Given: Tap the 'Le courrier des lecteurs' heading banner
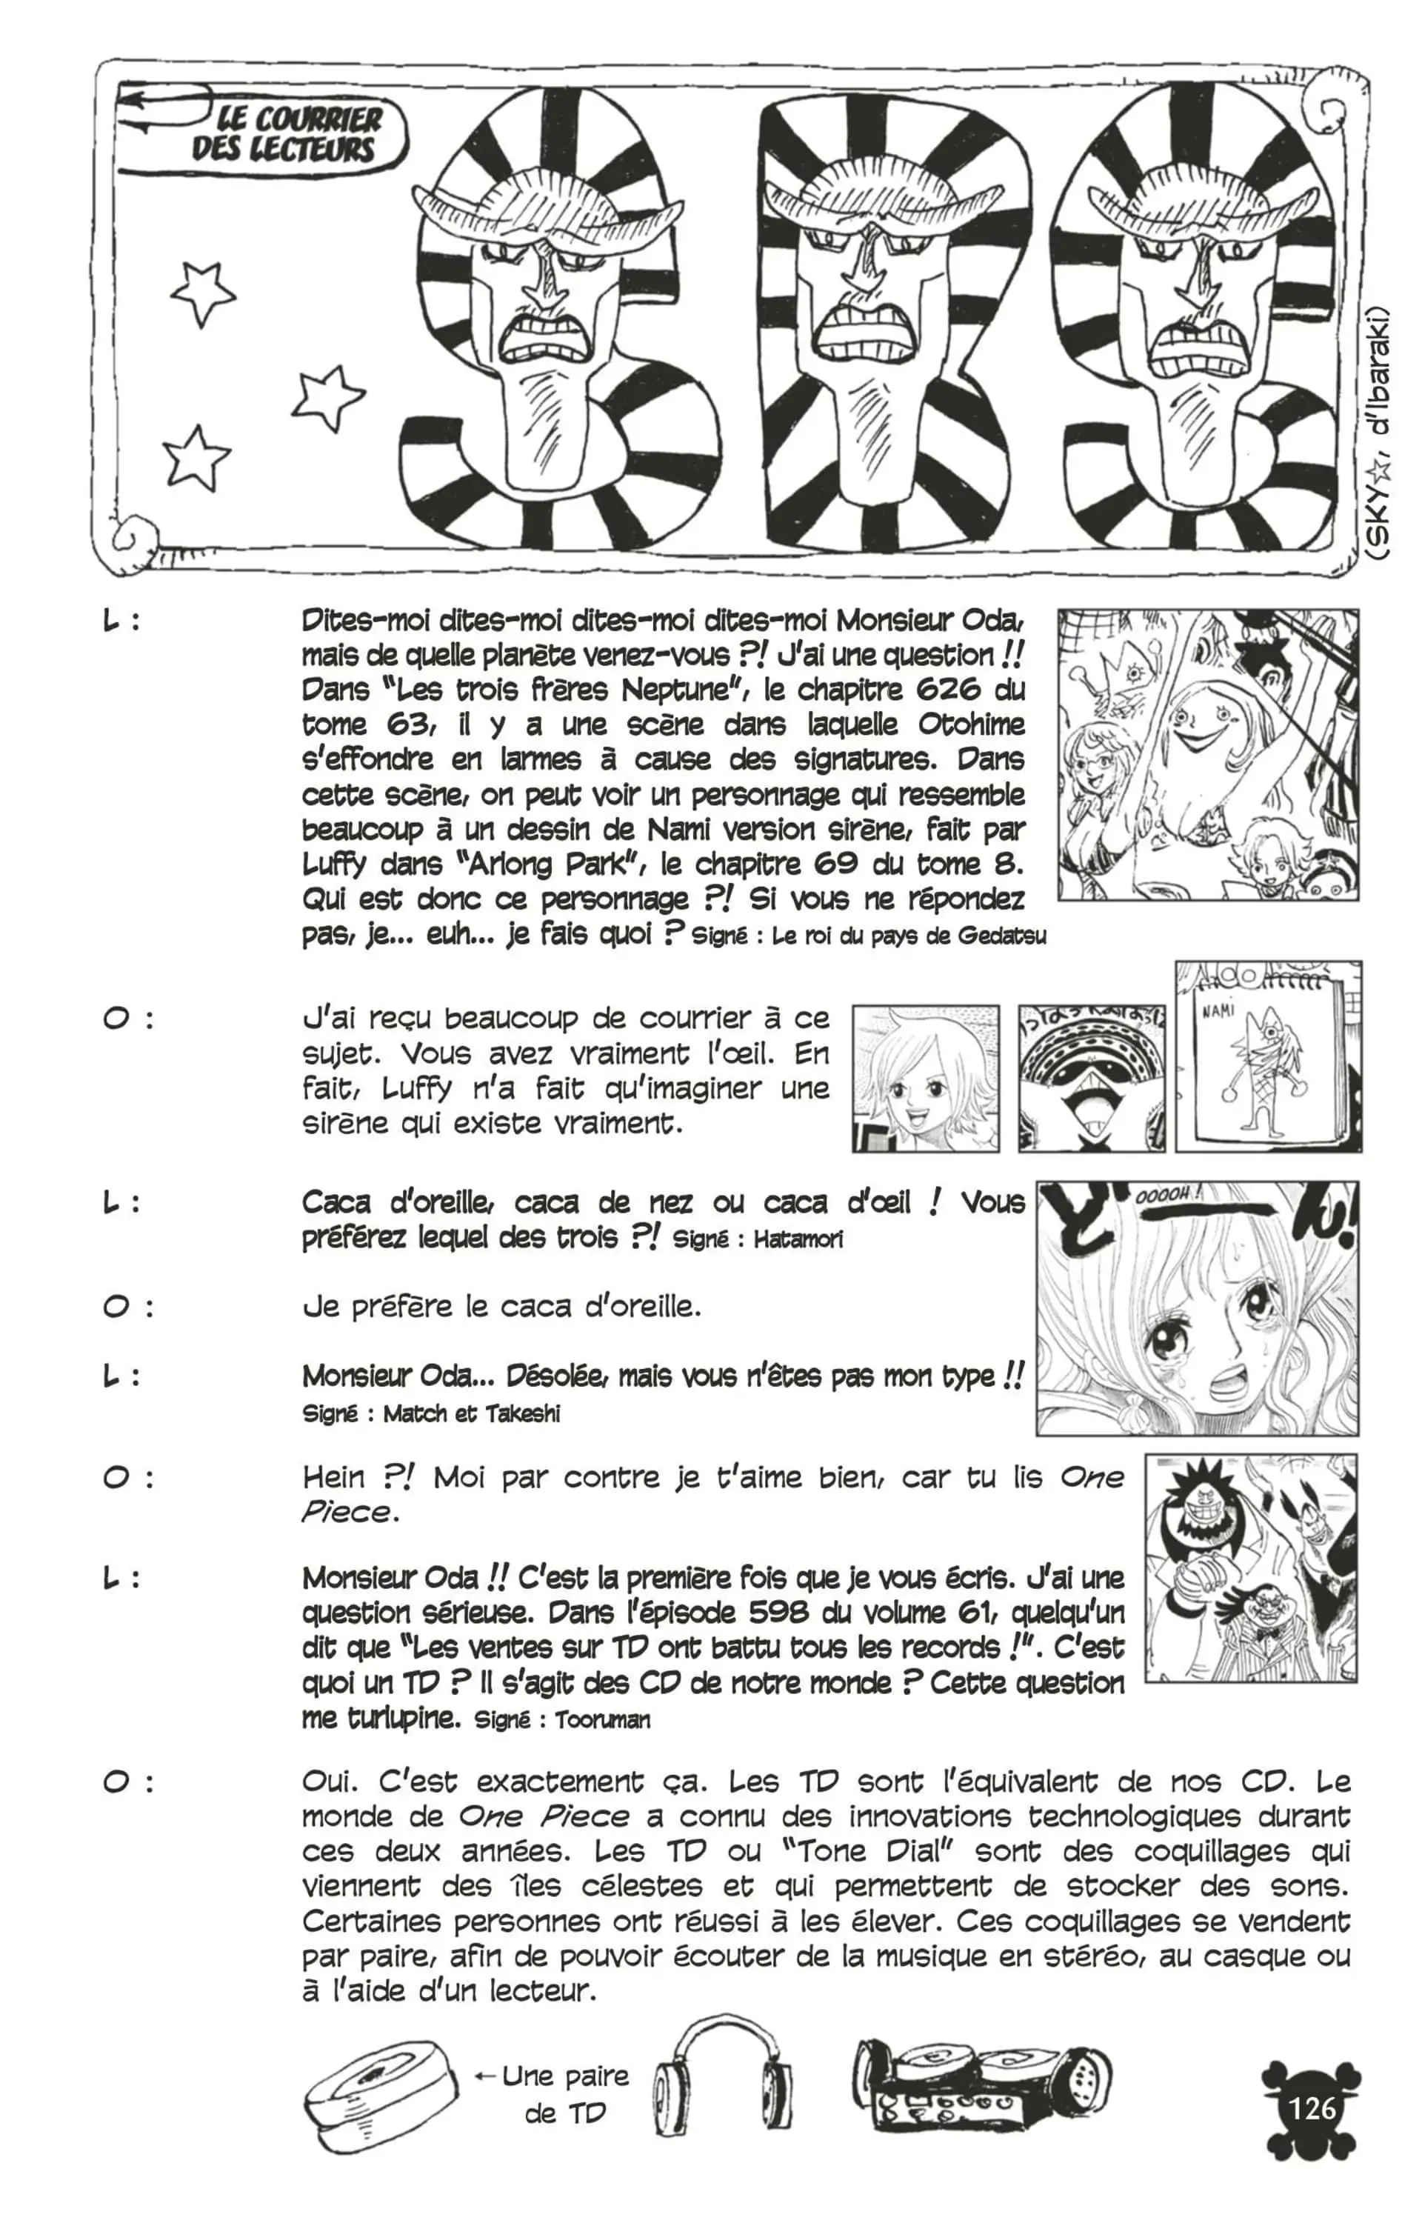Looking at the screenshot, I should (287, 134).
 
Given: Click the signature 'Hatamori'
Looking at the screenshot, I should (798, 1239).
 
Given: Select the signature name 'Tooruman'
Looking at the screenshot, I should (602, 1720).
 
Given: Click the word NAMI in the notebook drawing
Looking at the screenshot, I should (1218, 1010).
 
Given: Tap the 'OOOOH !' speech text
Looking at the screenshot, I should (1169, 1196).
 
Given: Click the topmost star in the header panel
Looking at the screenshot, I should (201, 291).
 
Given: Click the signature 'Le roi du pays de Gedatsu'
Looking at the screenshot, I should (909, 936).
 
